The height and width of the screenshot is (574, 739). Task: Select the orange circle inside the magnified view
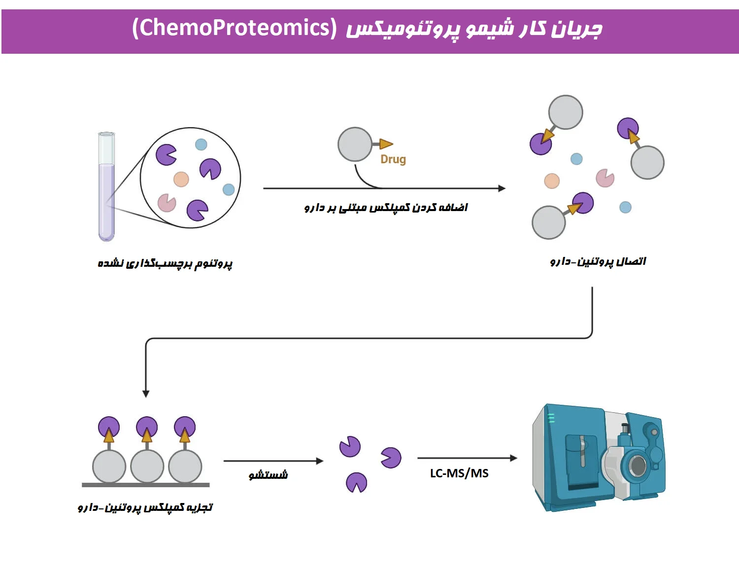pyautogui.click(x=181, y=179)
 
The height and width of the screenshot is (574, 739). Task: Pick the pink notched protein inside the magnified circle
pyautogui.click(x=167, y=202)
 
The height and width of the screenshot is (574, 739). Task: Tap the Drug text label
pyautogui.click(x=393, y=159)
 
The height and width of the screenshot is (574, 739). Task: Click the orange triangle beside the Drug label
pyautogui.click(x=386, y=144)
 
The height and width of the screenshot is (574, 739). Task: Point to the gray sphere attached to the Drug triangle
pyautogui.click(x=355, y=144)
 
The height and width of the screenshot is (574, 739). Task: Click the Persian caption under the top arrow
pyautogui.click(x=386, y=207)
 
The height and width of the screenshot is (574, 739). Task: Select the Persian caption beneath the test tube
pyautogui.click(x=165, y=263)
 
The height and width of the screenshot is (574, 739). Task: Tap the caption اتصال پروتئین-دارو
pyautogui.click(x=598, y=261)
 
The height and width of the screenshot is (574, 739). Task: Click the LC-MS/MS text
pyautogui.click(x=459, y=473)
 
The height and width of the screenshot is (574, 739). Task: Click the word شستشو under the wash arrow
pyautogui.click(x=268, y=475)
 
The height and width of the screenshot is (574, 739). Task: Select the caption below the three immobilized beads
pyautogui.click(x=145, y=507)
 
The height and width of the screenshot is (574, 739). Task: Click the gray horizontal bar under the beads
pyautogui.click(x=146, y=485)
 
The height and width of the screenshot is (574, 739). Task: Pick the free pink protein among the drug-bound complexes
pyautogui.click(x=605, y=178)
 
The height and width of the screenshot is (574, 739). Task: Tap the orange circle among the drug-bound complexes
pyautogui.click(x=552, y=181)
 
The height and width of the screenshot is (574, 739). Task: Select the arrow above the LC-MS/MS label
pyautogui.click(x=467, y=458)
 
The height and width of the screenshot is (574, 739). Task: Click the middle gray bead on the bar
pyautogui.click(x=147, y=466)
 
